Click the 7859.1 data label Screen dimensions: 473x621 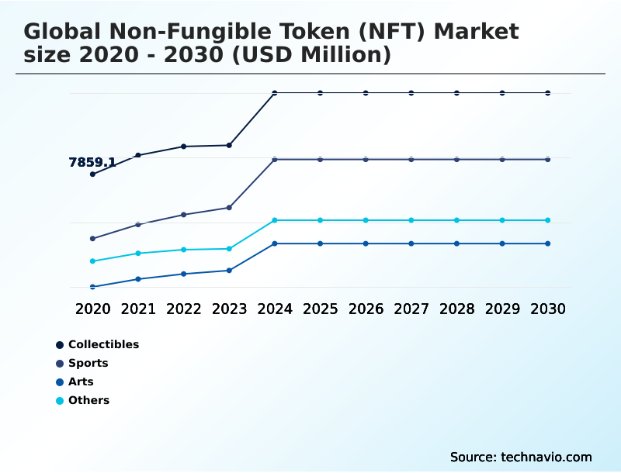[x=92, y=163]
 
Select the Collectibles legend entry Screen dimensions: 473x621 [x=103, y=344]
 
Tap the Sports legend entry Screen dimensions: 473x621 [x=88, y=363]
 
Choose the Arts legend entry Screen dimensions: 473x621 [x=81, y=382]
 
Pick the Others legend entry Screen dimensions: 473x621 [x=88, y=400]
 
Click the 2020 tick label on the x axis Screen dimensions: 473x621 [x=93, y=309]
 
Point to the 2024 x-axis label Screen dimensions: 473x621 [x=275, y=309]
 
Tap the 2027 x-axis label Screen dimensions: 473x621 [x=411, y=309]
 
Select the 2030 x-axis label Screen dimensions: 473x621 [x=548, y=309]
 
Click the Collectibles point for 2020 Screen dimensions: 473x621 [x=93, y=174]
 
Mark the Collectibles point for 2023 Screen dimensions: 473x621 [x=229, y=145]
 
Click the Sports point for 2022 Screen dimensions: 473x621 [x=184, y=214]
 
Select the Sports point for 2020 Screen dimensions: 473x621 [x=93, y=238]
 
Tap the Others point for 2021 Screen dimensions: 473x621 [x=138, y=254]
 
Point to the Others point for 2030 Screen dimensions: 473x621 [x=548, y=220]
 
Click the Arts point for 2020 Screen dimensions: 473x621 [x=93, y=287]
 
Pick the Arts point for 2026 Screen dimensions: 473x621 [x=366, y=243]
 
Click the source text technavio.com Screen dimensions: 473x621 [x=546, y=457]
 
